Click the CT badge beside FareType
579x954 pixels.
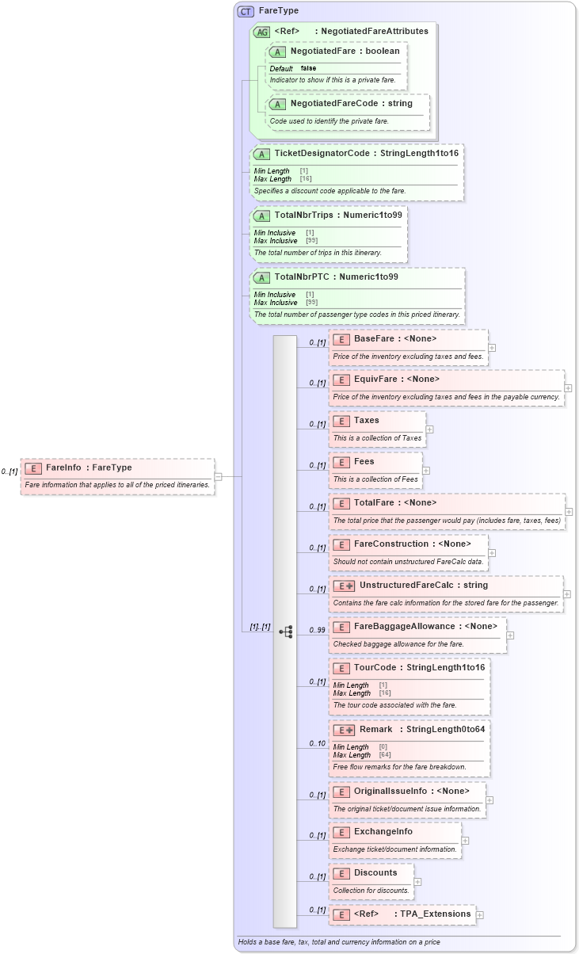tap(246, 12)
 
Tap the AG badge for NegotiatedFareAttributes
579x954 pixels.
tap(261, 32)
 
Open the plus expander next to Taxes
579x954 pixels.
tap(429, 429)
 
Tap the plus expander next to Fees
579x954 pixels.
tap(426, 471)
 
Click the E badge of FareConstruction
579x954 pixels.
tap(341, 544)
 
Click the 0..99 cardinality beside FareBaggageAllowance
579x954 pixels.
tap(317, 630)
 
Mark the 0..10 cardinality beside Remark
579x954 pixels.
tap(317, 743)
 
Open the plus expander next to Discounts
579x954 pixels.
tap(417, 881)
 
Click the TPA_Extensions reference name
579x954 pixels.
tap(436, 914)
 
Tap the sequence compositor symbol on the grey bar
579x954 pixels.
tap(285, 632)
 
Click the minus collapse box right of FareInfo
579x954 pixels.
tap(218, 476)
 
